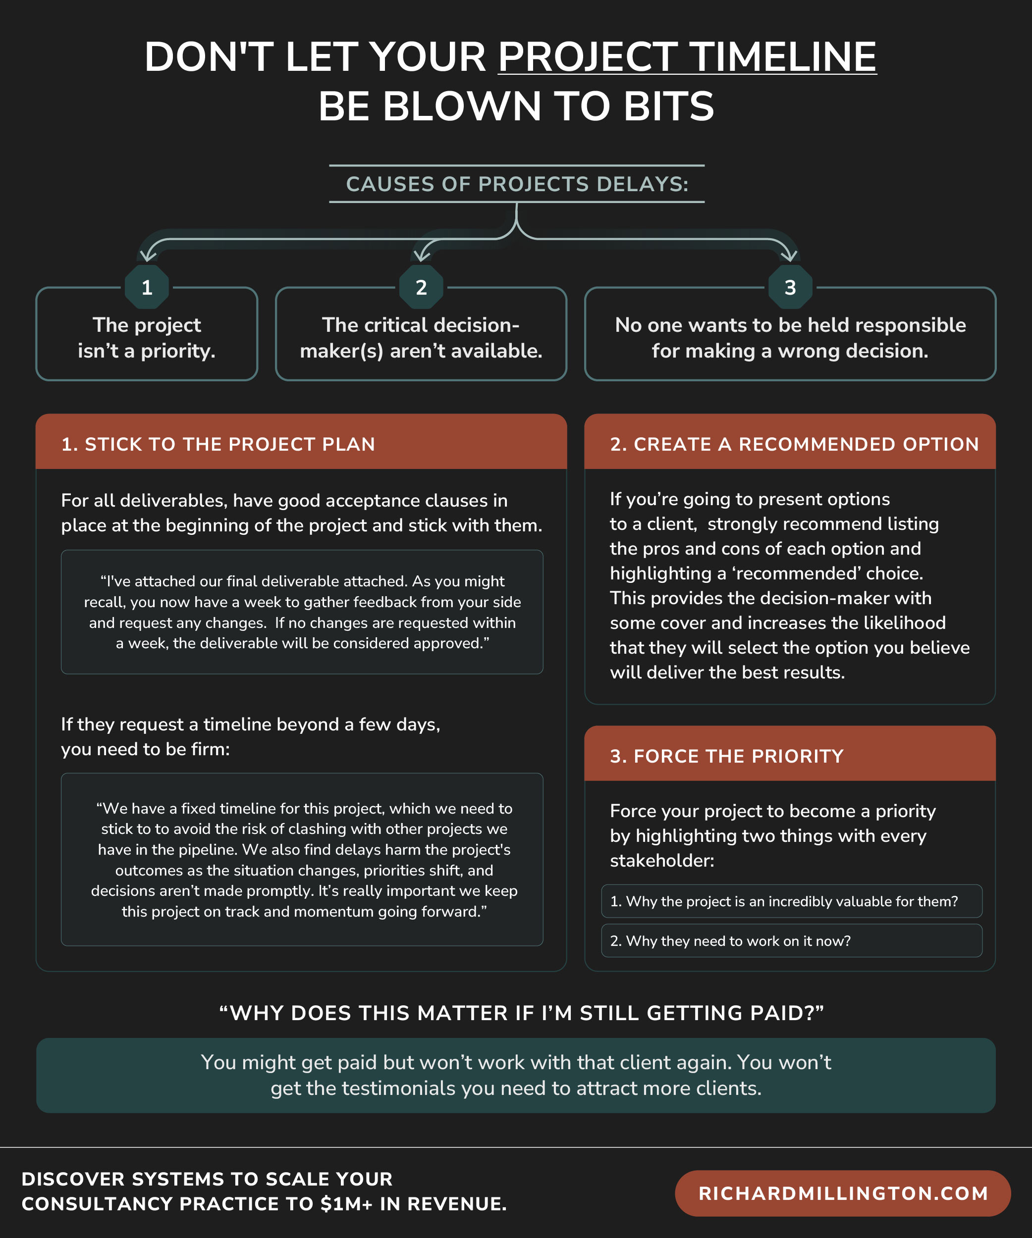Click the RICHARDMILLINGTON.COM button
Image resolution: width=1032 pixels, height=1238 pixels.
(843, 1193)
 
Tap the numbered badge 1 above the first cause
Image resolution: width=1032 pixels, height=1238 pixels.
(147, 287)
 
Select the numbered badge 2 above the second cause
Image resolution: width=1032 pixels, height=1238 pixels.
(421, 287)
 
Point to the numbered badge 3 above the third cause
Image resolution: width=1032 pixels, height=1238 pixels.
(790, 287)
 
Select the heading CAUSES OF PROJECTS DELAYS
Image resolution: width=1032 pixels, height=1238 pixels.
(517, 184)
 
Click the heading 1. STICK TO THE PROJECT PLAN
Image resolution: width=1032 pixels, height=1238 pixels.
(218, 444)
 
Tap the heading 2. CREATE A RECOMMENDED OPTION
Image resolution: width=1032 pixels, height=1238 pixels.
(794, 444)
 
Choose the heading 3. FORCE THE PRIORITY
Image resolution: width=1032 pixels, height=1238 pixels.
(726, 756)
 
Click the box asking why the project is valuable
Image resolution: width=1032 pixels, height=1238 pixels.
(791, 901)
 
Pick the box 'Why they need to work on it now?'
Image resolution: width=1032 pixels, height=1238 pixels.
(791, 940)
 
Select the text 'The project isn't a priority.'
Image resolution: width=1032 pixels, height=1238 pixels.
(147, 338)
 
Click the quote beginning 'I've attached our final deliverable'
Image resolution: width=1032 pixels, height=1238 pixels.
(302, 612)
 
